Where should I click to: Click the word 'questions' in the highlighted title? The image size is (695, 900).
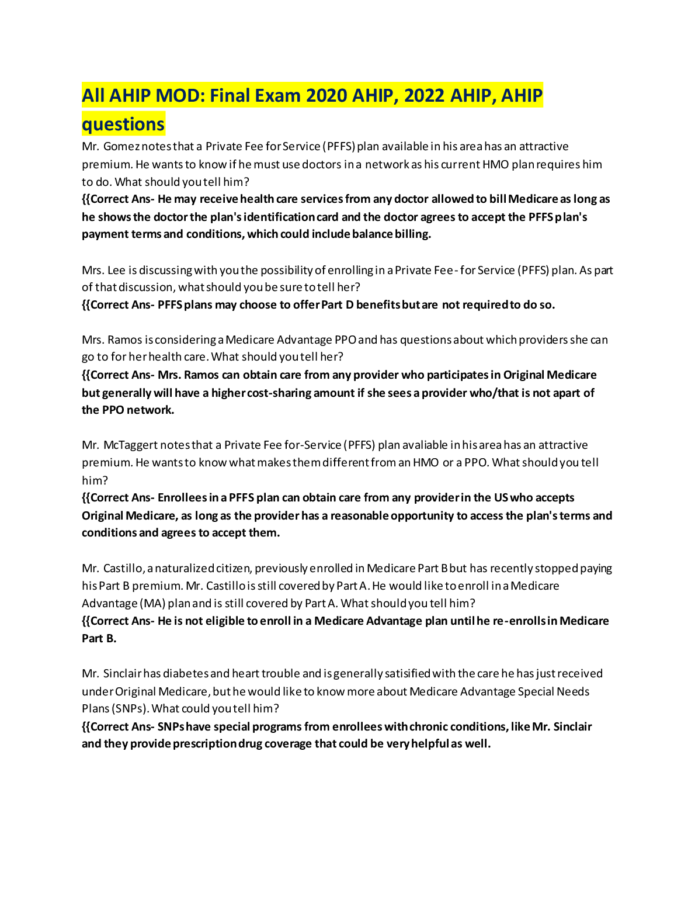tap(123, 124)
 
